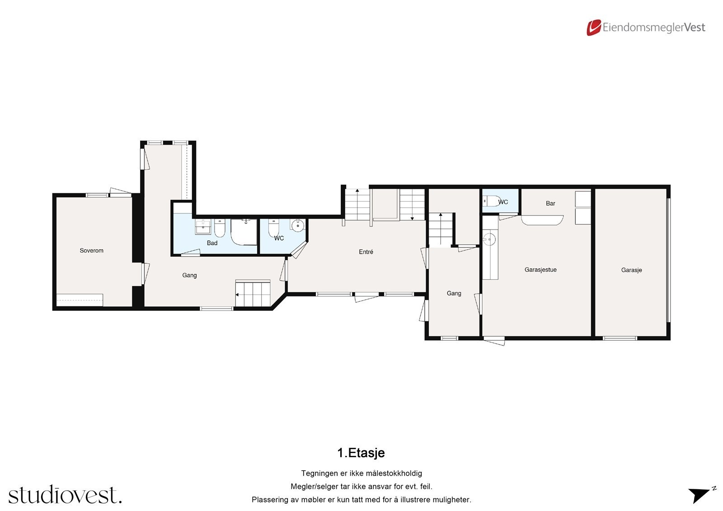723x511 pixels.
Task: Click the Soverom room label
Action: [x=91, y=251]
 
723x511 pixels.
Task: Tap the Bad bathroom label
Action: [x=212, y=243]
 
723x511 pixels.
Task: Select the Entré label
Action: [x=366, y=252]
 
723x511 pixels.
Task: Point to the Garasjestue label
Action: [x=540, y=270]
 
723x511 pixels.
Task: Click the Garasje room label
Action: [x=631, y=270]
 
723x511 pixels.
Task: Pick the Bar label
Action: [x=550, y=203]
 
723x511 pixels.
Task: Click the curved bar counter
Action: [x=542, y=220]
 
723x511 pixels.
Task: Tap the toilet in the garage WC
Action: [x=490, y=201]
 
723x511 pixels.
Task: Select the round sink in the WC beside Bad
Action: [x=297, y=225]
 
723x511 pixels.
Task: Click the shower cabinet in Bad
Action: [x=244, y=232]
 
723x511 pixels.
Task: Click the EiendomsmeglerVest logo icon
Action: [x=593, y=28]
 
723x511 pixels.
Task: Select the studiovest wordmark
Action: [x=65, y=495]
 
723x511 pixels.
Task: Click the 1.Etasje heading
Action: [x=361, y=453]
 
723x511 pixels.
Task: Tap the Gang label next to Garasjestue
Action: [x=454, y=293]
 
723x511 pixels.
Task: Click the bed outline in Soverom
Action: [x=80, y=300]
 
